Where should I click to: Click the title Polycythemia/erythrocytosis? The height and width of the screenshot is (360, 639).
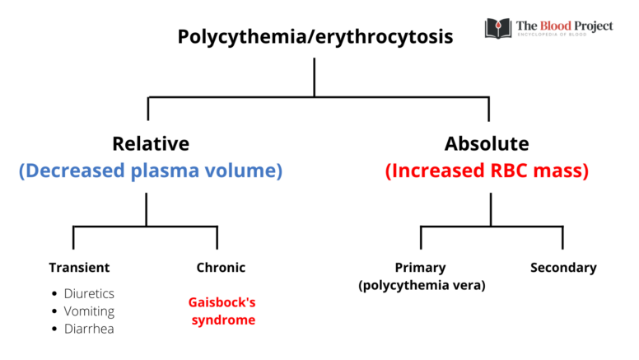point(315,38)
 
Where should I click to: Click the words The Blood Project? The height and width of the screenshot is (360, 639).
point(564,26)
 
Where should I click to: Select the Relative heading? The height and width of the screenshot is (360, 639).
point(151,143)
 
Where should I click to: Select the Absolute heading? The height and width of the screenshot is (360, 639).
point(487,143)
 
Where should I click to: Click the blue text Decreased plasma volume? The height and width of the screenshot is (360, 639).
point(151,171)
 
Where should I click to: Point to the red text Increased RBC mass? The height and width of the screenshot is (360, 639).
point(487,171)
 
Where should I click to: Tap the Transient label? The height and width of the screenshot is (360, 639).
point(79,268)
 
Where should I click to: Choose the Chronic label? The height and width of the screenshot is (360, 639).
point(221,268)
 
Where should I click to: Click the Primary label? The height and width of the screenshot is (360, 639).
point(421,268)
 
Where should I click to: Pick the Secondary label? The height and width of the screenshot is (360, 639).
point(563,268)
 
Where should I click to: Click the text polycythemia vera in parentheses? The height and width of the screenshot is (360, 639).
point(422,285)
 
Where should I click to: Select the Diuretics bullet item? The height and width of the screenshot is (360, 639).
point(89,293)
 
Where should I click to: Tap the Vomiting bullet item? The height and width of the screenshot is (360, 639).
point(89,311)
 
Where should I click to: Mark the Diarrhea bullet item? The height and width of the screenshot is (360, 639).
point(89,329)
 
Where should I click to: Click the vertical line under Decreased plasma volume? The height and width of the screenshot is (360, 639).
point(147,209)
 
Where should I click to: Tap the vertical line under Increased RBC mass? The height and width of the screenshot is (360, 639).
point(491,209)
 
